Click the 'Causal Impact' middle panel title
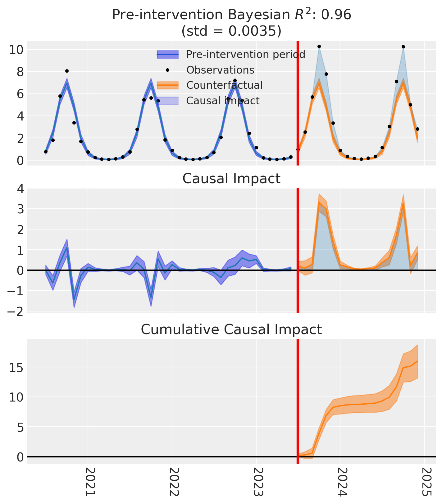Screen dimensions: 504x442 point(231,179)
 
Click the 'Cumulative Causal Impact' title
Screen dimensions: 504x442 point(231,329)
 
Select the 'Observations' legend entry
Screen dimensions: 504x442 point(220,70)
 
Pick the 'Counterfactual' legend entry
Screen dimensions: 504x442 point(224,85)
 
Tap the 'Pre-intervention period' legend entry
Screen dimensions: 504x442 point(245,55)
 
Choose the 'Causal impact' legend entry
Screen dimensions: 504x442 point(223,101)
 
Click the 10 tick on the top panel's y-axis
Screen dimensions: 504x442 point(16,50)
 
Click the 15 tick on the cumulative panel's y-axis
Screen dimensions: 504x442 point(16,368)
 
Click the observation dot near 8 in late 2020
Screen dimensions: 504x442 point(67,71)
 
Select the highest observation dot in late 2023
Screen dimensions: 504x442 point(319,47)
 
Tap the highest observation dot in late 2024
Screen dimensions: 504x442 point(403,47)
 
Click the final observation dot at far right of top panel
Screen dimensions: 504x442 point(417,129)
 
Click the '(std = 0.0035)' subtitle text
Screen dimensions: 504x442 point(231,31)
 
